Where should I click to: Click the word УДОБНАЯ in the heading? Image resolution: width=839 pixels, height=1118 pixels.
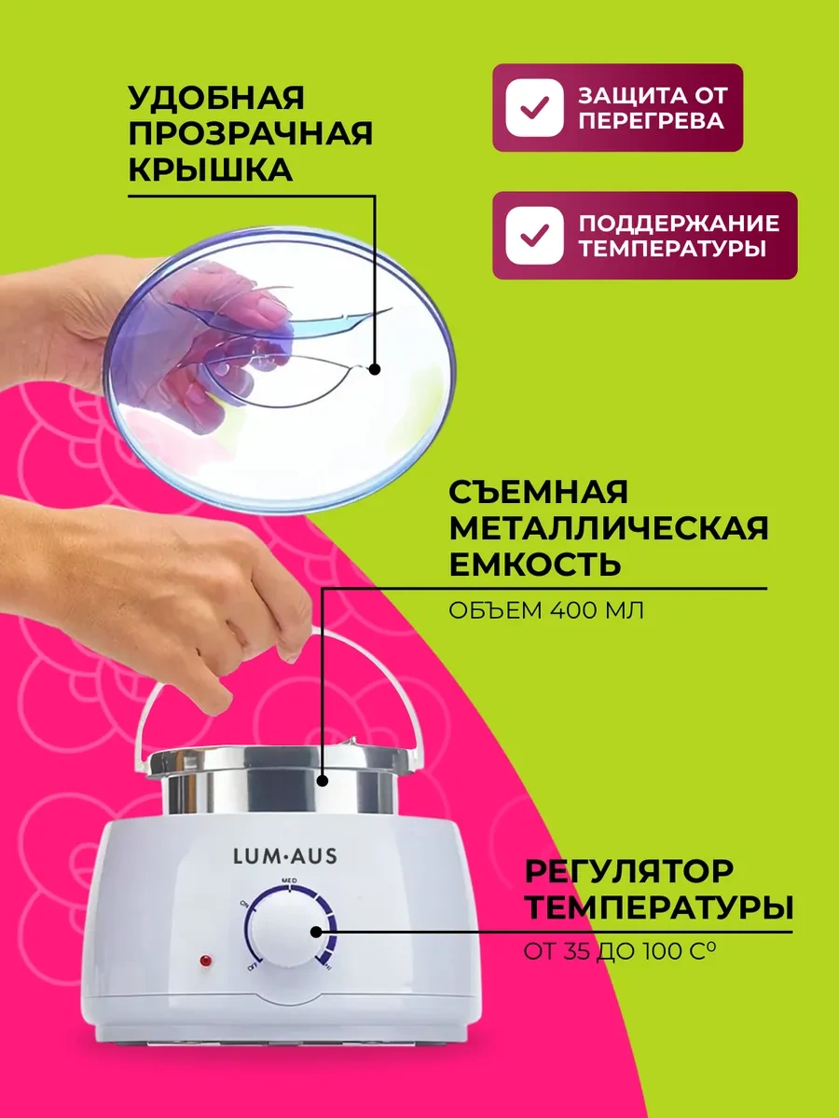point(216,98)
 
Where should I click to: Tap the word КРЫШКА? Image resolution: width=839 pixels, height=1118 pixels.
point(211,170)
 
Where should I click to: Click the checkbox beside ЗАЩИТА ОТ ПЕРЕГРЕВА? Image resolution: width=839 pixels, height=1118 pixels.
point(534,107)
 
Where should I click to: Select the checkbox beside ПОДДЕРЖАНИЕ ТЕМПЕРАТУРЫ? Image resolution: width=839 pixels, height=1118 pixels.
point(534,236)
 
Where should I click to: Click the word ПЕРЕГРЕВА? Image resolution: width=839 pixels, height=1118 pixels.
point(651,121)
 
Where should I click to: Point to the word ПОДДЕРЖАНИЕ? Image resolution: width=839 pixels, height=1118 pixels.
point(679,224)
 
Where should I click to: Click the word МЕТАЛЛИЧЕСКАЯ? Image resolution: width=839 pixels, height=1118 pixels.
point(608,527)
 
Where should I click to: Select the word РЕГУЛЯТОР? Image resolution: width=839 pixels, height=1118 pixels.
point(628,871)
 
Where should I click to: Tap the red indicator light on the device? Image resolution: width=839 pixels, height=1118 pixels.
point(206,961)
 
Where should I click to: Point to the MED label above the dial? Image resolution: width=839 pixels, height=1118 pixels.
point(289,880)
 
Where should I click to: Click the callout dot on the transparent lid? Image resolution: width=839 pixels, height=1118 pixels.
point(375,369)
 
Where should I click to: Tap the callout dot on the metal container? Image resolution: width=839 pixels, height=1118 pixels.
point(322,795)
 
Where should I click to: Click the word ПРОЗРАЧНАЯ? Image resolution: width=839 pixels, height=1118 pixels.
point(250,133)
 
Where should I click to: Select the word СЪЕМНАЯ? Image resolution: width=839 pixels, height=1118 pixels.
point(539,492)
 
